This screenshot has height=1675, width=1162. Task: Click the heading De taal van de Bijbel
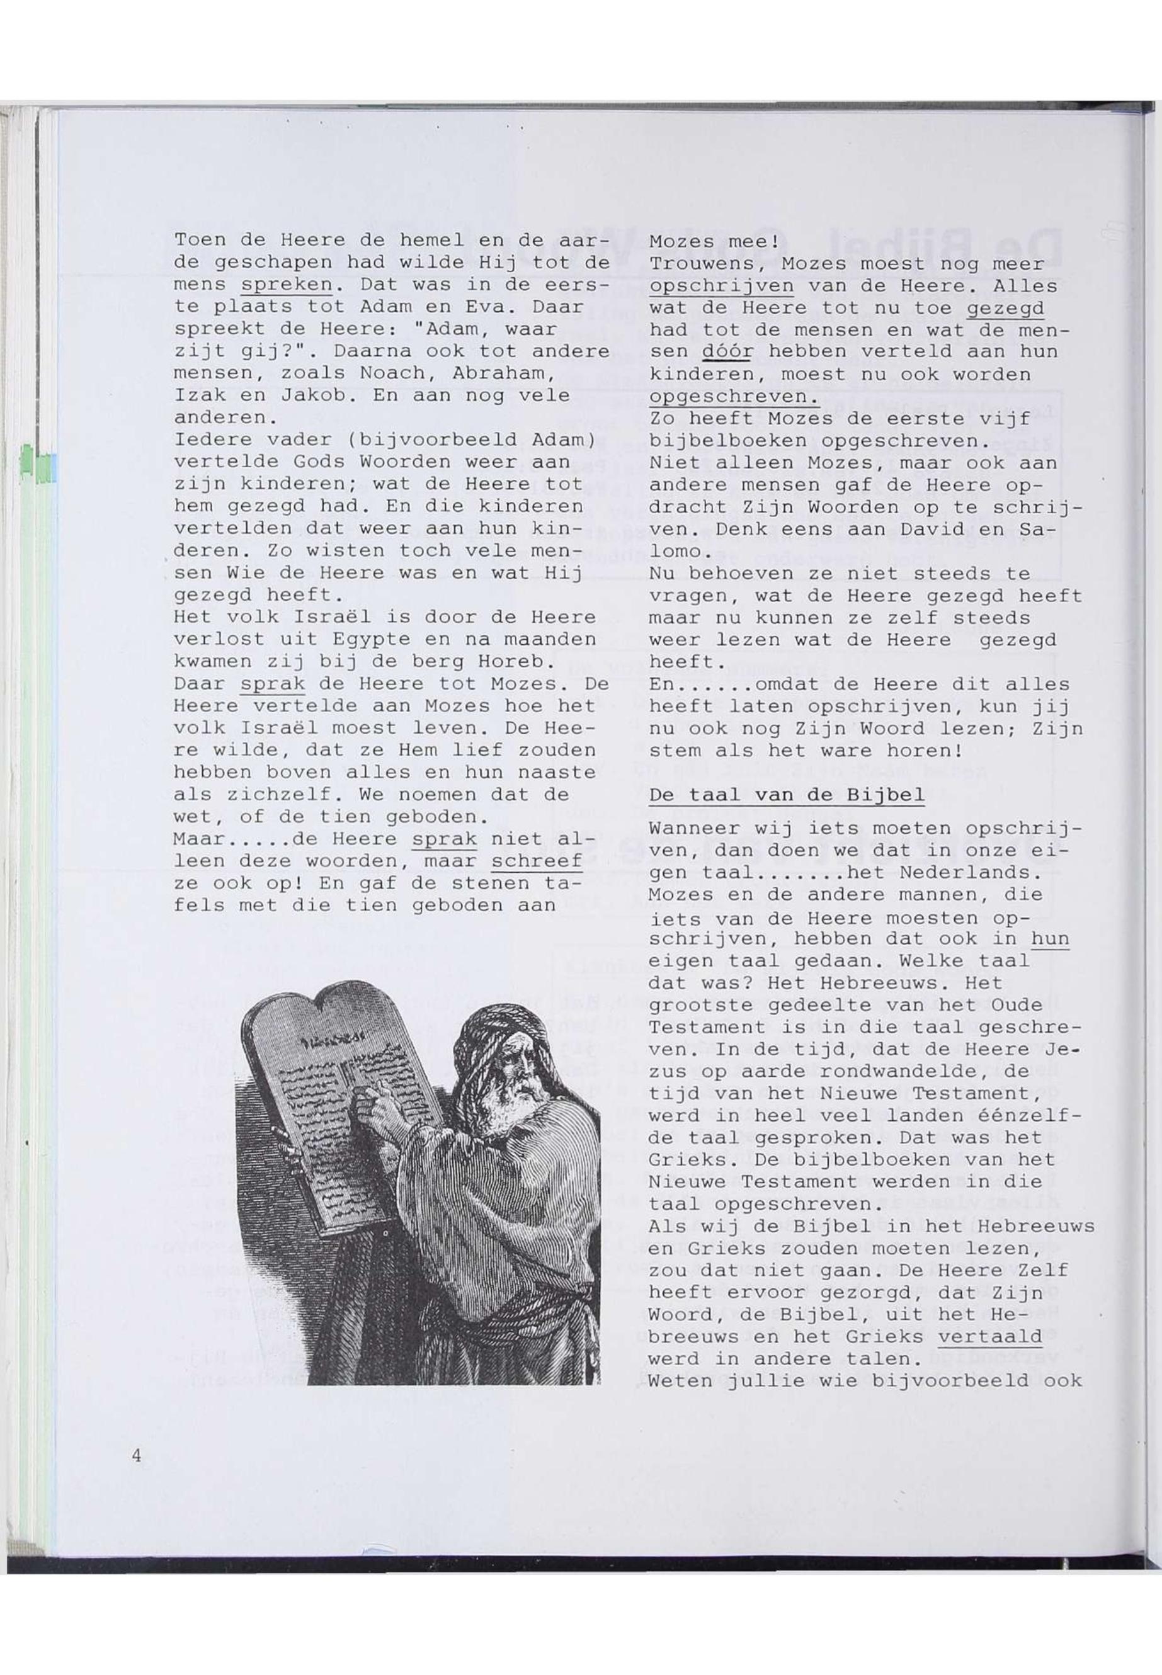coord(786,795)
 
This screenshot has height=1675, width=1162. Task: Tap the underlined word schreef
coord(537,861)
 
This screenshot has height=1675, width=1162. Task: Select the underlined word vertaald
coord(990,1336)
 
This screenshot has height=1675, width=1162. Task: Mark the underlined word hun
coord(1050,939)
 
